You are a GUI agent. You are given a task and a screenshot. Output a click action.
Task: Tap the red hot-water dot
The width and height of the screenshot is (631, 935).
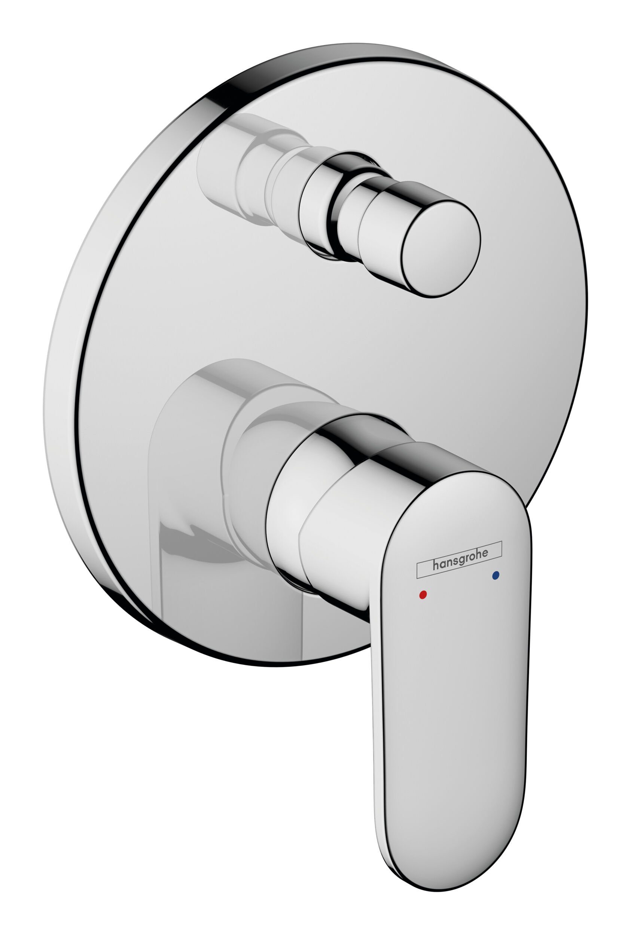pyautogui.click(x=422, y=594)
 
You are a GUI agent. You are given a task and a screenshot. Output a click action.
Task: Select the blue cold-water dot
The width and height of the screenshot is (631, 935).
pyautogui.click(x=495, y=576)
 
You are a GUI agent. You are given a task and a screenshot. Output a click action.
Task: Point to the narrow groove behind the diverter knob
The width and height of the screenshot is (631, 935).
pyautogui.click(x=335, y=209)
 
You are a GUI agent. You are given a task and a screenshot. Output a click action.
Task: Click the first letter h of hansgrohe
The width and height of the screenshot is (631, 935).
pyautogui.click(x=435, y=565)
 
